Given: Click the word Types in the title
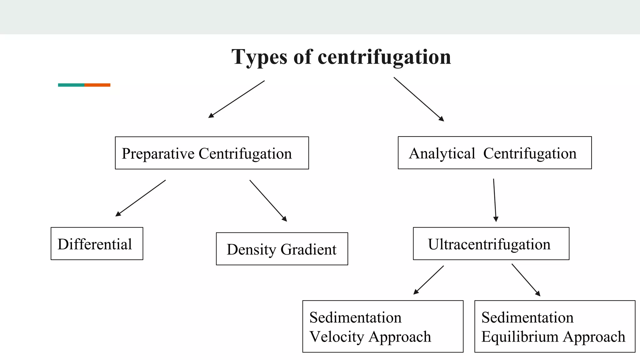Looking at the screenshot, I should tap(259, 57).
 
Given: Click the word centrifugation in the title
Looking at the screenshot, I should tap(384, 57).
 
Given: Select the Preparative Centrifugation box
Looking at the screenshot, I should tap(212, 153).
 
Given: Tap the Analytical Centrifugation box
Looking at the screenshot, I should tap(494, 153).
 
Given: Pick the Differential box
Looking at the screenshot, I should tap(97, 244).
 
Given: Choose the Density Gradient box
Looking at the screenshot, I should tap(282, 249).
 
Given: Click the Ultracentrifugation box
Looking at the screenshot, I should tap(491, 244).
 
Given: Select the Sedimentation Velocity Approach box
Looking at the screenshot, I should tap(383, 327).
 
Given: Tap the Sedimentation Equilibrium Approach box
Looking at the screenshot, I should tap(555, 327).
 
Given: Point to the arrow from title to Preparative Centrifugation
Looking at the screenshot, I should tap(237, 99).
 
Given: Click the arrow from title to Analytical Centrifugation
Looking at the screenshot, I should tap(419, 99).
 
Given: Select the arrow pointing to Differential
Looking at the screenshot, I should tap(141, 198).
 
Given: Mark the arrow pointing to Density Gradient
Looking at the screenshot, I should tap(268, 201).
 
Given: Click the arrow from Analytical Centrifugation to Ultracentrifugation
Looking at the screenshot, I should tap(495, 200).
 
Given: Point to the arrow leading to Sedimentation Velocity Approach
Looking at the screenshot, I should tap(428, 280).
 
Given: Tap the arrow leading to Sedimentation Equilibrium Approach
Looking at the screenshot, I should tap(526, 280).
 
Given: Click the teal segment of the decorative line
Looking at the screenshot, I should tap(71, 85).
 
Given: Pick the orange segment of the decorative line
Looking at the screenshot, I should tap(97, 85).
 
